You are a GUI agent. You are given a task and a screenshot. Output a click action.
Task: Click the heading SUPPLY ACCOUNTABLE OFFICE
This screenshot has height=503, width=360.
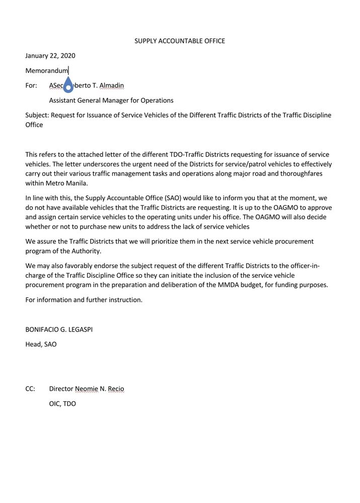coord(180,41)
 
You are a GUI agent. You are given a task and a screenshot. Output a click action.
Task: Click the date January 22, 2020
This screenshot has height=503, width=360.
coord(50,56)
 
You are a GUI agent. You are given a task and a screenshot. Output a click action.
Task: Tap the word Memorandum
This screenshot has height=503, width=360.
coord(46,70)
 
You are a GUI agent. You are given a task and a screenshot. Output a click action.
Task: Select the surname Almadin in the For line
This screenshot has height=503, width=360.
coord(112,86)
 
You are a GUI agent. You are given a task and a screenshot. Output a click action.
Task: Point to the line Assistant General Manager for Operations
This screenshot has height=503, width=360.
coord(111,101)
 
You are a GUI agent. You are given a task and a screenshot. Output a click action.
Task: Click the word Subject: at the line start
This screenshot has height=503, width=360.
coord(37,115)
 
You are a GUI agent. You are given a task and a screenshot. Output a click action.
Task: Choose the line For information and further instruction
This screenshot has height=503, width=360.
coord(84,300)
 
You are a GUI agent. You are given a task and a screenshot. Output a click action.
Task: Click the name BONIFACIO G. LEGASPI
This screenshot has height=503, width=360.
coord(59,329)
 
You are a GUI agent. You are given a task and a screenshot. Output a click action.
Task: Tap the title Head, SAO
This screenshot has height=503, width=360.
coord(41,345)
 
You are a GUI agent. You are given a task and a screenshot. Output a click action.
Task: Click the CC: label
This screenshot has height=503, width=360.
coord(30,389)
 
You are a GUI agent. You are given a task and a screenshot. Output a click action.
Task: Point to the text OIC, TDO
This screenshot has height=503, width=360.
coord(62,403)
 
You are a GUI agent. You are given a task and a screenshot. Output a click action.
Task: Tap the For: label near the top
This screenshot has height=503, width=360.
coord(31,86)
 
